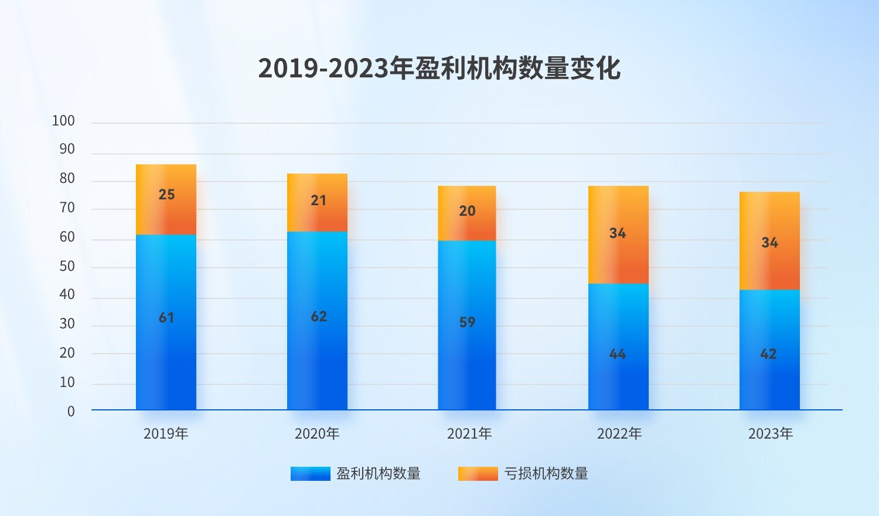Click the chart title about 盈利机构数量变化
(439, 69)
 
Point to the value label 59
(467, 322)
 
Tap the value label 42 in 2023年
(768, 354)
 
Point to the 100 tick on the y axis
(63, 121)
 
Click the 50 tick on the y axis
(67, 266)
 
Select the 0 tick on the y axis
(71, 412)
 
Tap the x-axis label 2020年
(317, 434)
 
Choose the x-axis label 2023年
(771, 434)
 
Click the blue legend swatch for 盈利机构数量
(311, 474)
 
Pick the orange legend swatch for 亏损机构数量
(478, 474)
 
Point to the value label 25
(166, 195)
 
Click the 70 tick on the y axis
(67, 208)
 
